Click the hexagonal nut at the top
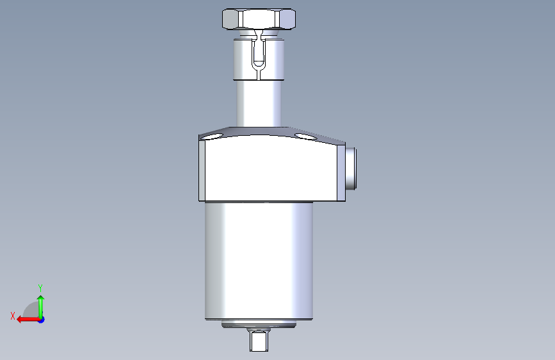(x=259, y=19)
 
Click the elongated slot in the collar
(x=259, y=53)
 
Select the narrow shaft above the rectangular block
(x=259, y=103)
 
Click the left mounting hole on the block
(x=212, y=136)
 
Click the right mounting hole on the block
(x=306, y=136)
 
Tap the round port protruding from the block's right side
(x=351, y=168)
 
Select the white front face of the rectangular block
(x=271, y=168)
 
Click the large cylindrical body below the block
(x=259, y=261)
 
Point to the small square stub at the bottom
(x=259, y=341)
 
